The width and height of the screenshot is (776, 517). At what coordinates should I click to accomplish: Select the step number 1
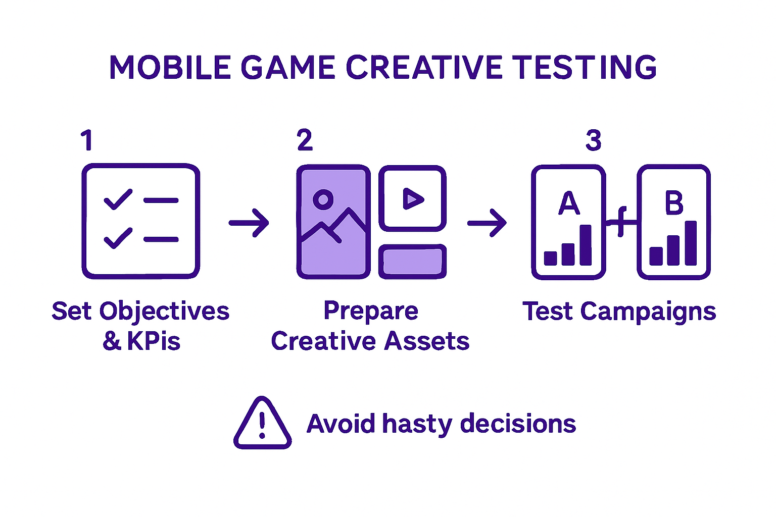coord(87,140)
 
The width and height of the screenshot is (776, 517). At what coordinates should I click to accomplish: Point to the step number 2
coord(305,140)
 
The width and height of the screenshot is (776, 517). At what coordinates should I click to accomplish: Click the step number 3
coord(594,140)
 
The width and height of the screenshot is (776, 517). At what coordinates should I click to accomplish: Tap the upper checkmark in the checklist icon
coord(118,199)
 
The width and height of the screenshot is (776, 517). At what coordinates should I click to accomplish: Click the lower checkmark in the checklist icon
coord(118,238)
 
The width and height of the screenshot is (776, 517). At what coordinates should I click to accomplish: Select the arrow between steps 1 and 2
coord(249,223)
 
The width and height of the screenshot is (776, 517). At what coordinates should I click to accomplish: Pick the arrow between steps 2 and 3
coord(487,223)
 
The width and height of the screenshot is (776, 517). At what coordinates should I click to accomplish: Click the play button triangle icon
coord(413,199)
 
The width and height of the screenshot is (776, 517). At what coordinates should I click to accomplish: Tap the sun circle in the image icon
coord(323,199)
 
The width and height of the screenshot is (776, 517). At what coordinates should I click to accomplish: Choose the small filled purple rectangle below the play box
coord(412,262)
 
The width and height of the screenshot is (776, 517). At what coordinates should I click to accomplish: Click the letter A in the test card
coord(569,203)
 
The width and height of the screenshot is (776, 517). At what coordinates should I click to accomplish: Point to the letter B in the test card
coord(674,203)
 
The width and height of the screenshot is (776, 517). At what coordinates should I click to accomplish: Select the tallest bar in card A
coord(586,245)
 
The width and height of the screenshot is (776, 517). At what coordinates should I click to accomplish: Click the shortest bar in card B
coord(656,256)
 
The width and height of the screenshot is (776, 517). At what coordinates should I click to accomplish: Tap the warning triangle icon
coord(262,424)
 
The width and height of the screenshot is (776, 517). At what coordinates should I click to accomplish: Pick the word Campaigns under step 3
coord(648,312)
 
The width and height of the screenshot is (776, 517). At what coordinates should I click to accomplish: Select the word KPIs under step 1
coord(154,342)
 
